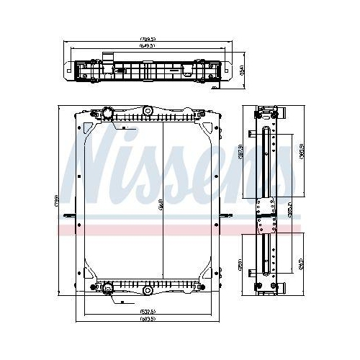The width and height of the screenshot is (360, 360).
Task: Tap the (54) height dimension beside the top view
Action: tap(242, 69)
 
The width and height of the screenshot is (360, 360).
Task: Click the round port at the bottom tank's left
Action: tap(108, 289)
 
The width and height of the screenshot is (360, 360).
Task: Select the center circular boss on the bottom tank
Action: tap(147, 291)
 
